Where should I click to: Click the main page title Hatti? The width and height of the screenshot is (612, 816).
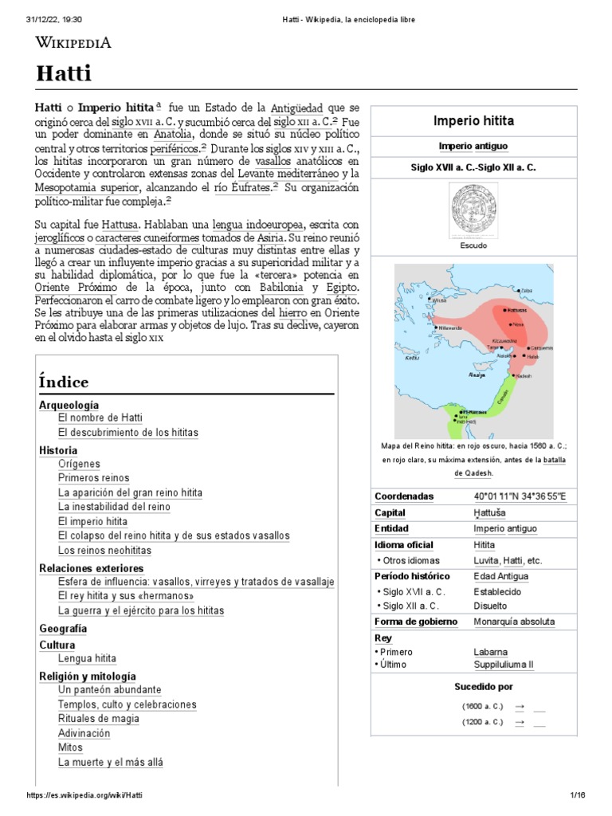[x=64, y=74]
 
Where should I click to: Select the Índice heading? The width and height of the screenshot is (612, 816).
[x=63, y=382]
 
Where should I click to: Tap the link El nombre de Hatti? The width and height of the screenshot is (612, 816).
[x=100, y=418]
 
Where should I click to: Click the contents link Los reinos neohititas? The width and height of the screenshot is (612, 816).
[x=104, y=551]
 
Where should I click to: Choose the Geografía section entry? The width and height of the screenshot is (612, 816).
[x=63, y=629]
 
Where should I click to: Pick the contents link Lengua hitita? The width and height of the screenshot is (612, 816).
[x=87, y=659]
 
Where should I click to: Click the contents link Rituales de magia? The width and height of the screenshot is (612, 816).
[x=99, y=719]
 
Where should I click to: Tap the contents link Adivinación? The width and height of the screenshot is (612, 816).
[x=84, y=734]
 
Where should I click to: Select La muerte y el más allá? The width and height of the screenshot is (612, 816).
[x=110, y=763]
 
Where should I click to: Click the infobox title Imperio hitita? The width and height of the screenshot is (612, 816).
[x=473, y=121]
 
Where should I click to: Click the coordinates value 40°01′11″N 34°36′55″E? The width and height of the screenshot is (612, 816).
[x=520, y=496]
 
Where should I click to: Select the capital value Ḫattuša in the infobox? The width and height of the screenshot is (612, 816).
[x=489, y=513]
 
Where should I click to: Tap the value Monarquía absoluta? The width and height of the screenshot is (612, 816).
[x=514, y=622]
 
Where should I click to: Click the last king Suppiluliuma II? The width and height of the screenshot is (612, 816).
[x=503, y=664]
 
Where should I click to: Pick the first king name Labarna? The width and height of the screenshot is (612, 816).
[x=490, y=652]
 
